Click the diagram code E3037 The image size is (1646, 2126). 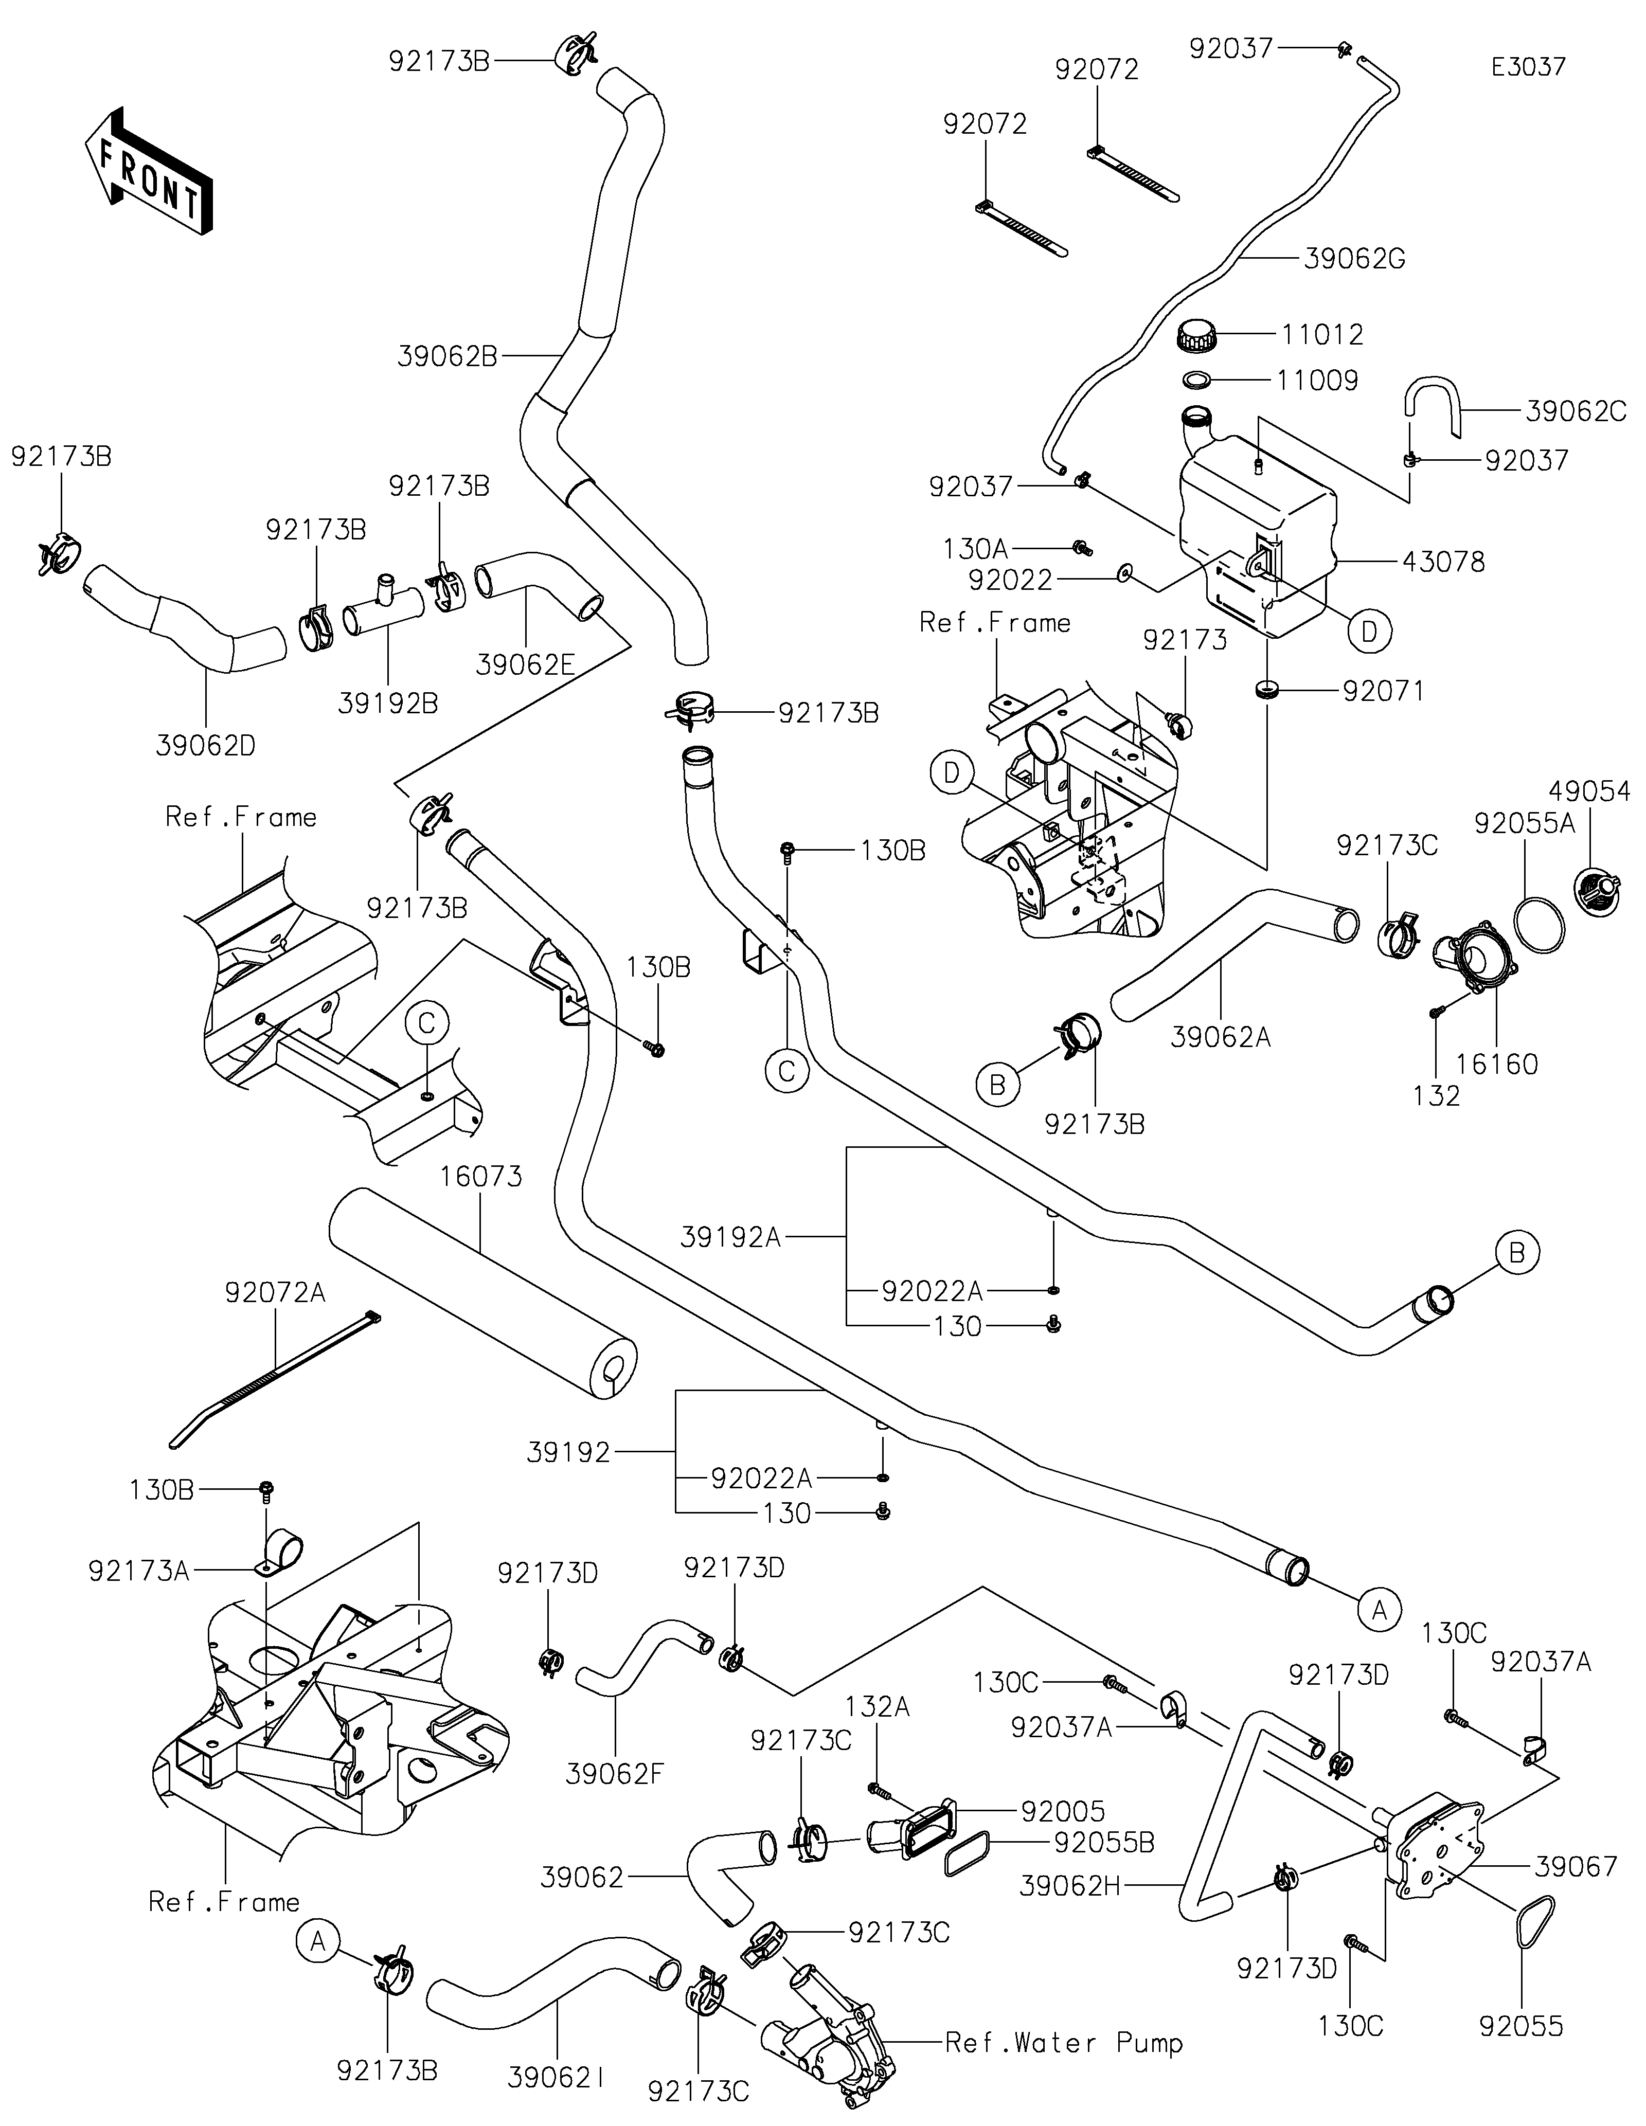(1528, 67)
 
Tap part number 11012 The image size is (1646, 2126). (1322, 335)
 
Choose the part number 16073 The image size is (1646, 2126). (481, 1176)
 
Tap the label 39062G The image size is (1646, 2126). (1353, 259)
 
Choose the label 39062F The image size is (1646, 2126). (614, 1774)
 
